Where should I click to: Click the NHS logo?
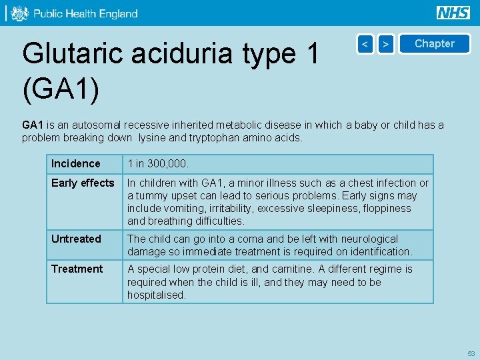tap(453, 13)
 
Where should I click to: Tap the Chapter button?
tap(434, 44)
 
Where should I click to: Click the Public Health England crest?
tap(20, 13)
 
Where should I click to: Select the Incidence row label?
tap(75, 164)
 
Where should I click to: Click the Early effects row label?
tap(83, 183)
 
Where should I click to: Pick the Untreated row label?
tap(76, 239)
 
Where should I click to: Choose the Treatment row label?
tap(77, 269)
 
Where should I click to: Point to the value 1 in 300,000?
tap(159, 164)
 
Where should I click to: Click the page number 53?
tap(471, 353)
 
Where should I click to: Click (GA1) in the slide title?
tap(61, 91)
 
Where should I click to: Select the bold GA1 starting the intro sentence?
tap(33, 125)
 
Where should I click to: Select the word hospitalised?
tap(156, 295)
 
